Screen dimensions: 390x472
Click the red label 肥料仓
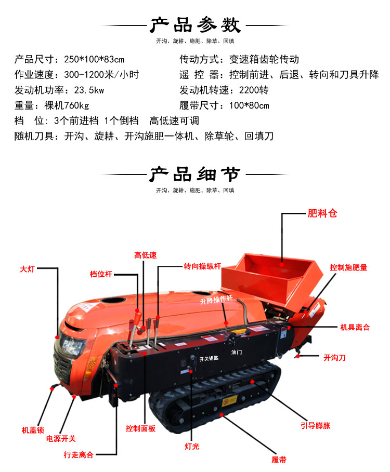pyautogui.click(x=322, y=213)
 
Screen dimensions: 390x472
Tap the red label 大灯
pyautogui.click(x=27, y=269)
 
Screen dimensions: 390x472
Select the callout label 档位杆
pyautogui.click(x=101, y=274)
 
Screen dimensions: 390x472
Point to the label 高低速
pyautogui.click(x=146, y=255)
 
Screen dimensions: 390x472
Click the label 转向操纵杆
pyautogui.click(x=202, y=266)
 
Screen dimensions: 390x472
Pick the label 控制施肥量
pyautogui.click(x=348, y=267)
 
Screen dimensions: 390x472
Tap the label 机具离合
pyautogui.click(x=355, y=327)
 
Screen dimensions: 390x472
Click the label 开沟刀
pyautogui.click(x=334, y=358)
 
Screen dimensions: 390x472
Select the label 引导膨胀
pyautogui.click(x=316, y=426)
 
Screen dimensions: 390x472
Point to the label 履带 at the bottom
pyautogui.click(x=279, y=460)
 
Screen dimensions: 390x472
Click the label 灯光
pyautogui.click(x=192, y=447)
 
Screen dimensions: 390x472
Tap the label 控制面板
pyautogui.click(x=140, y=428)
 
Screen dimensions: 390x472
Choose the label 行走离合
pyautogui.click(x=79, y=454)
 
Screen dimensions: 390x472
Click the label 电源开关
pyautogui.click(x=61, y=439)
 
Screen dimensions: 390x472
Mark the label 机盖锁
pyautogui.click(x=33, y=430)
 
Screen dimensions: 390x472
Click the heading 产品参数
pyautogui.click(x=196, y=25)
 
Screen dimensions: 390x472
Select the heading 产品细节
pyautogui.click(x=195, y=174)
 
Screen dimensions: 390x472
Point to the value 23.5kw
pyautogui.click(x=89, y=90)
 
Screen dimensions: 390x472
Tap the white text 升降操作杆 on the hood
pyautogui.click(x=216, y=300)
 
